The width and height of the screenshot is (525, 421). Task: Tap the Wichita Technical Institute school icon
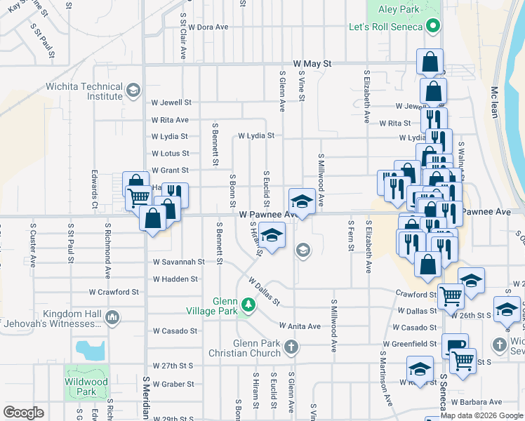[132, 91]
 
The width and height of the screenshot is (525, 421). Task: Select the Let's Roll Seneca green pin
[433, 27]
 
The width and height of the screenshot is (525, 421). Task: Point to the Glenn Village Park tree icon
[247, 304]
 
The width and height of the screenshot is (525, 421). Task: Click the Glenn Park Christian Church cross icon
[291, 347]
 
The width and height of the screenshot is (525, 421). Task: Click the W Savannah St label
[179, 261]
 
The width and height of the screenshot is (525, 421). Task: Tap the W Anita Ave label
[300, 326]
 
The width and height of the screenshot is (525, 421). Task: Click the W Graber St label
[173, 385]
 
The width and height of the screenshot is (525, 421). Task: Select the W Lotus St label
[171, 153]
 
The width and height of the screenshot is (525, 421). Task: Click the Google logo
[23, 413]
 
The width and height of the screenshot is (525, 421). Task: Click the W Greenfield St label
[415, 344]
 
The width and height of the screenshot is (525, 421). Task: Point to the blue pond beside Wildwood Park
[90, 349]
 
